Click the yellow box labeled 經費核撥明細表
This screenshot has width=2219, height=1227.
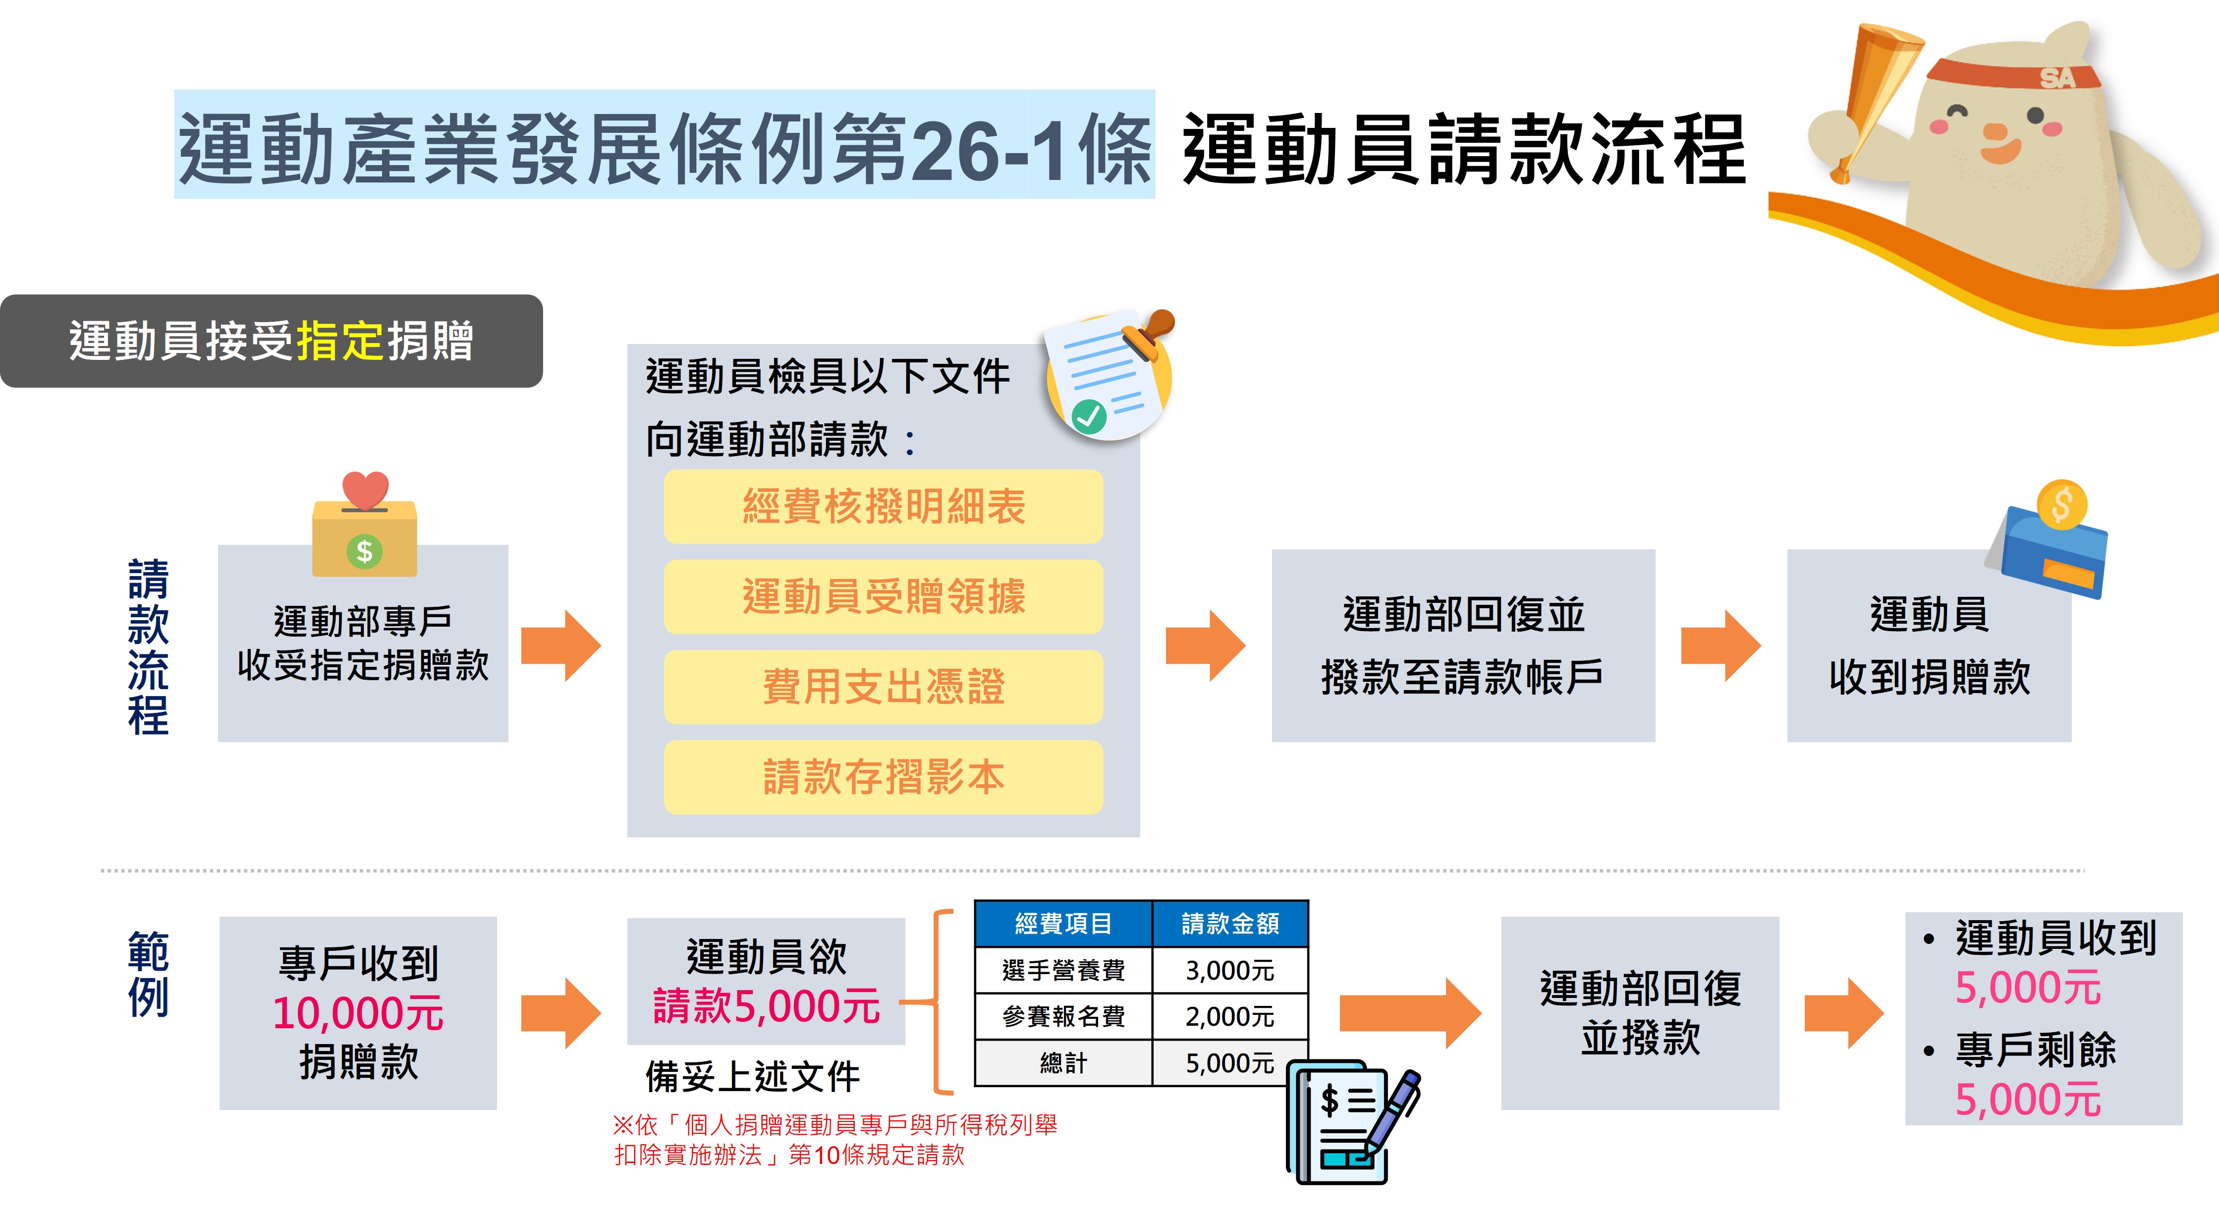click(883, 507)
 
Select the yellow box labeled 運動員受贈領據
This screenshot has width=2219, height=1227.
click(883, 597)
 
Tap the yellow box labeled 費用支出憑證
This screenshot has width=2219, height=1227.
click(883, 687)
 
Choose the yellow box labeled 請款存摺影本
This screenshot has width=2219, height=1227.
click(883, 777)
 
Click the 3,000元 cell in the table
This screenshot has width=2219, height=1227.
click(1229, 970)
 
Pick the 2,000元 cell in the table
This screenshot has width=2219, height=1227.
click(1229, 1017)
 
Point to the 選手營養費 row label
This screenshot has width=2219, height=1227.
click(1063, 970)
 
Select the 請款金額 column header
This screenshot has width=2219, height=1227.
click(1229, 924)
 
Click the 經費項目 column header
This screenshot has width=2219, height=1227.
click(1063, 924)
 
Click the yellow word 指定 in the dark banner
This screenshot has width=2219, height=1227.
click(340, 341)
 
